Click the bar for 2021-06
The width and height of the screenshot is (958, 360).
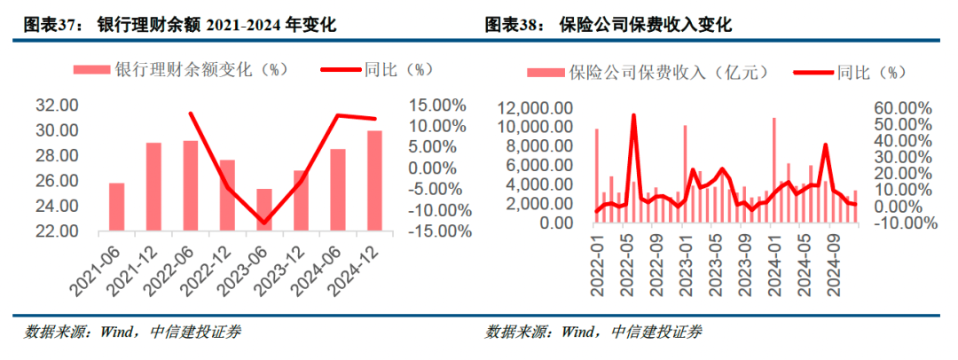point(117,207)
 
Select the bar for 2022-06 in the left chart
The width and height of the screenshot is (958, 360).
point(191,185)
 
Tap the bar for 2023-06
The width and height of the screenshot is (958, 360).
point(264,209)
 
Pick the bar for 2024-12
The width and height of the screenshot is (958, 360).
point(374,181)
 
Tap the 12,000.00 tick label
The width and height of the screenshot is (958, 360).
point(535,108)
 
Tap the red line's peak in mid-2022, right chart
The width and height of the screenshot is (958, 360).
point(633,115)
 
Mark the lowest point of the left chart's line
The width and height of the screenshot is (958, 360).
point(263,223)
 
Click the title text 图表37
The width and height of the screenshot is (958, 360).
point(50,25)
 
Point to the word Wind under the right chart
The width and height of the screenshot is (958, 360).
point(577,333)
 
